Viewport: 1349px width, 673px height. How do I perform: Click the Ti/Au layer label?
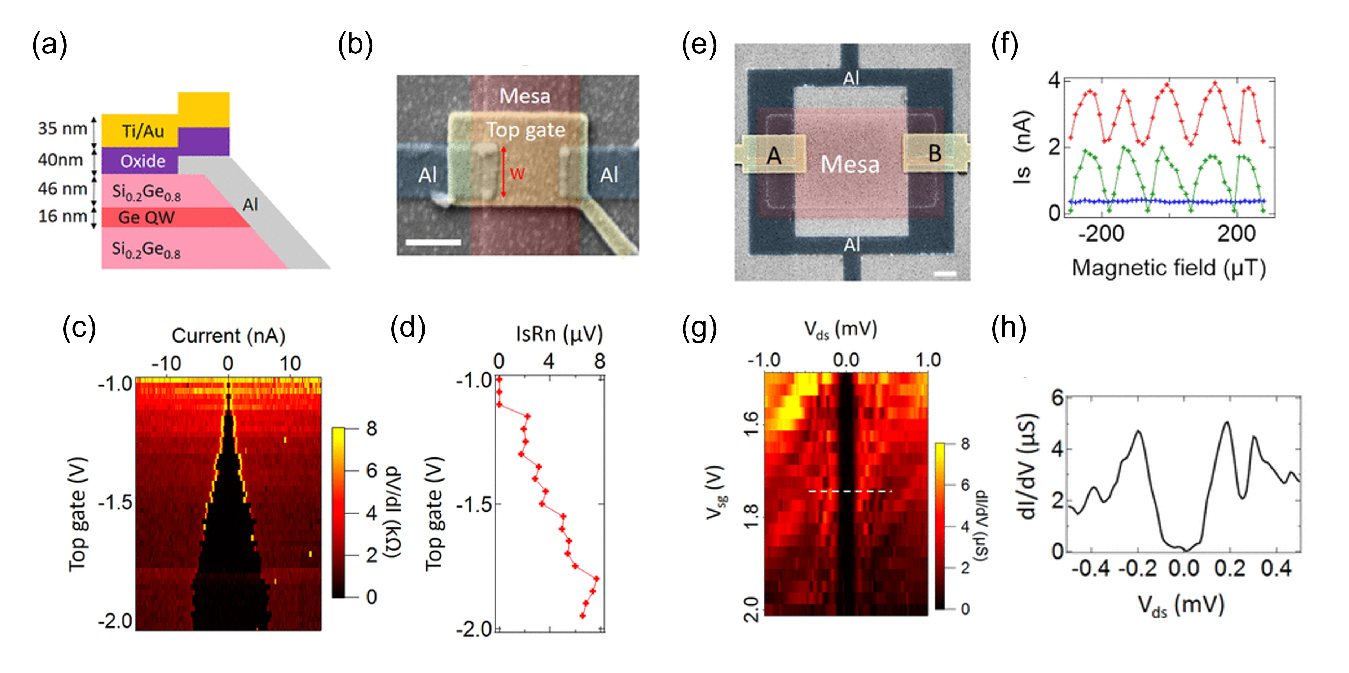tap(142, 131)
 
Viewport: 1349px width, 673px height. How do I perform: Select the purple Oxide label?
tap(142, 161)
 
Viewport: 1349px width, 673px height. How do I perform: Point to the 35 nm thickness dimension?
tap(62, 129)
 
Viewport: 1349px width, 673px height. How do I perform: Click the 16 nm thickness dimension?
tap(62, 216)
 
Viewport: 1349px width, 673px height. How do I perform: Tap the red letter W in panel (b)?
tap(517, 174)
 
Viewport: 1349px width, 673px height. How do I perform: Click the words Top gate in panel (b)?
tap(526, 130)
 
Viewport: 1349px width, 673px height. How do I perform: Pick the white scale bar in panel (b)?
tap(433, 242)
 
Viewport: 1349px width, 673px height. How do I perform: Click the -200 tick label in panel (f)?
tap(1101, 234)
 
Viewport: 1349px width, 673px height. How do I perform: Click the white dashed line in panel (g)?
tap(849, 491)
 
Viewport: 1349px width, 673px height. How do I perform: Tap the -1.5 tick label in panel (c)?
tap(115, 502)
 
